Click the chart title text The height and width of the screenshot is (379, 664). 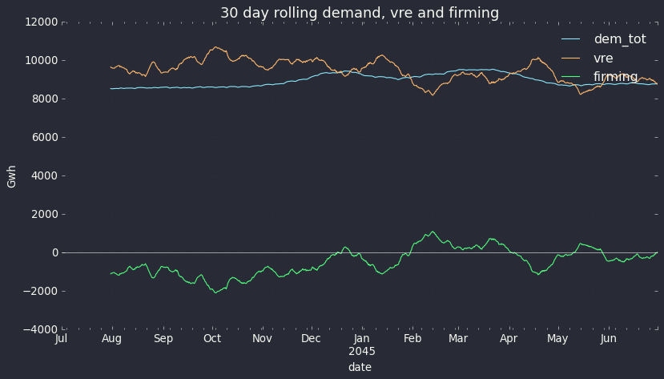tap(360, 13)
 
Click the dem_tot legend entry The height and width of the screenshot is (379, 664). tap(619, 39)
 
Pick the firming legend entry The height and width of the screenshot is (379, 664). tap(615, 77)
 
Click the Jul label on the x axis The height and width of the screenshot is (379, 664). tap(62, 339)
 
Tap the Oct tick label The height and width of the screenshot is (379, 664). tap(212, 339)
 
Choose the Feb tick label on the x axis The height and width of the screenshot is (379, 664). tap(412, 339)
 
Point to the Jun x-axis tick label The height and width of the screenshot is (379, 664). tap(609, 339)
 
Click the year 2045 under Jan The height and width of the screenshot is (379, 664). tap(362, 351)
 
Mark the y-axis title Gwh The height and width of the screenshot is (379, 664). tap(12, 176)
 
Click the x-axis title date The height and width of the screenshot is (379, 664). tap(360, 367)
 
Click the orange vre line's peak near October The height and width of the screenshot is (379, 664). tap(215, 46)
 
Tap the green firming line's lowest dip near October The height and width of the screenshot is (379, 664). tap(215, 292)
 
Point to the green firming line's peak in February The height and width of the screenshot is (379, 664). tap(433, 232)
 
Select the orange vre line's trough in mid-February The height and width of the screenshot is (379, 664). tap(433, 95)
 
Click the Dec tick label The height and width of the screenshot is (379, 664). tap(311, 339)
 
